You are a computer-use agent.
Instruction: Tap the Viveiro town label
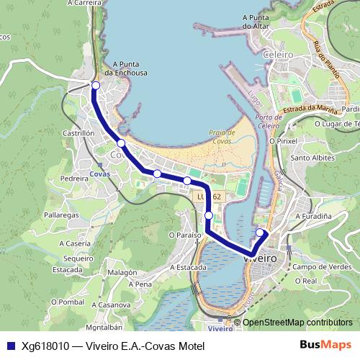tap(261, 256)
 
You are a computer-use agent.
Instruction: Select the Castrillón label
tap(79, 133)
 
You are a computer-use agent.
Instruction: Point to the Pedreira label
tap(74, 176)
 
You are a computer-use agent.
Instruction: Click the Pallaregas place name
tap(60, 215)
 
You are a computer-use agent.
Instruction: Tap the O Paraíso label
tap(183, 234)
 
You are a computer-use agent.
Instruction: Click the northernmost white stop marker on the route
tap(95, 86)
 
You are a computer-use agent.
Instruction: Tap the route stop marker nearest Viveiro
tap(260, 233)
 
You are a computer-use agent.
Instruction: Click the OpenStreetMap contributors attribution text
tap(297, 323)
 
